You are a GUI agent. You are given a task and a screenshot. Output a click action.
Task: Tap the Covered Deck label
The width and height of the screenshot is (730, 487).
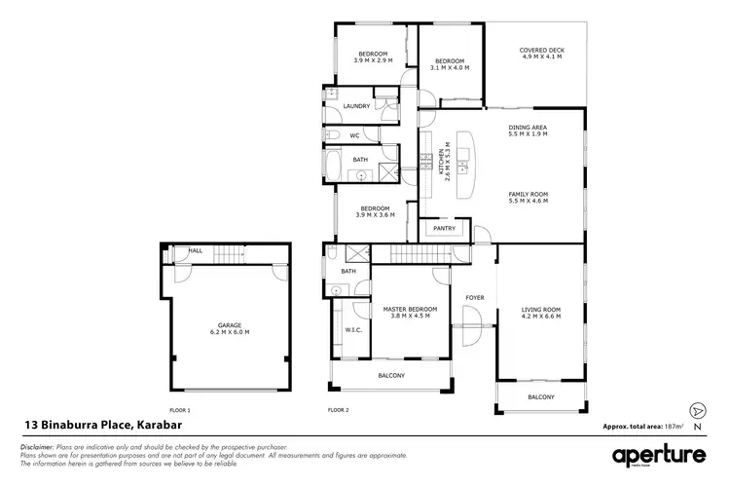(x=542, y=50)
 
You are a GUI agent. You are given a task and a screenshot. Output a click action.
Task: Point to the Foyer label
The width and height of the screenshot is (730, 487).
(x=474, y=298)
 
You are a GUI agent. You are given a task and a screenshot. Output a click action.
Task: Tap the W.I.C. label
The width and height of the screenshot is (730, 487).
(x=353, y=330)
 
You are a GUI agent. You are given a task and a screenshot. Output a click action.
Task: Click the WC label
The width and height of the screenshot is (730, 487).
(x=354, y=135)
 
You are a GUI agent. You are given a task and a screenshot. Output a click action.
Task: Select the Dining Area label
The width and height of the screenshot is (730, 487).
(x=528, y=128)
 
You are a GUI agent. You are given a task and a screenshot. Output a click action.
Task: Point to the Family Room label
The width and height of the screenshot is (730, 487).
(x=529, y=195)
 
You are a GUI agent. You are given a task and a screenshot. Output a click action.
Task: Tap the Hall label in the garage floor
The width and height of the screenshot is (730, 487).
(x=196, y=250)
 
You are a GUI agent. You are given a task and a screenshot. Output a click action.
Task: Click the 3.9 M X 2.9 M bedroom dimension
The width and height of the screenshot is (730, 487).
(x=373, y=59)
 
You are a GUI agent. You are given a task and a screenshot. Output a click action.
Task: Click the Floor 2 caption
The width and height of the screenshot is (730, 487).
(x=338, y=410)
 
